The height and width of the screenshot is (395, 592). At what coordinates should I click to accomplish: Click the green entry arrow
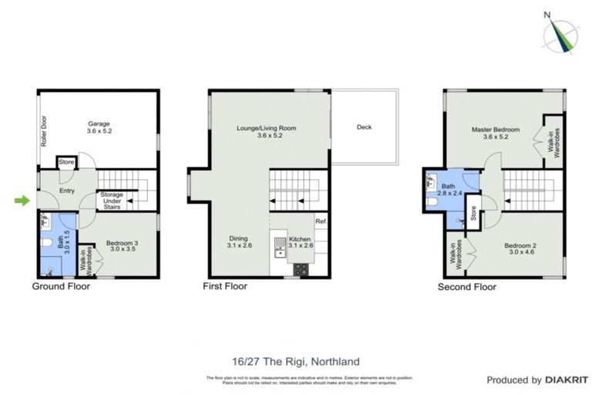(x=21, y=201)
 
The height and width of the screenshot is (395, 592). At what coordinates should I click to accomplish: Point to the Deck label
(x=364, y=127)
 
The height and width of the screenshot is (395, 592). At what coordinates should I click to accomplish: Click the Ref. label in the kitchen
(x=321, y=222)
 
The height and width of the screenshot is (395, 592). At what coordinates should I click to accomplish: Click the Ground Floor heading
(x=61, y=286)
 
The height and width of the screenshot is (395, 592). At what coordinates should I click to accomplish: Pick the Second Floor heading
(x=467, y=286)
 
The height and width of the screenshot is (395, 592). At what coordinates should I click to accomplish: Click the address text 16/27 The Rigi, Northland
(x=295, y=361)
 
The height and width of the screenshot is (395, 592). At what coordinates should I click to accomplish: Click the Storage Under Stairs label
(x=111, y=199)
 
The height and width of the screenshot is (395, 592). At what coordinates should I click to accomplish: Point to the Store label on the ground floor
(x=67, y=162)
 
